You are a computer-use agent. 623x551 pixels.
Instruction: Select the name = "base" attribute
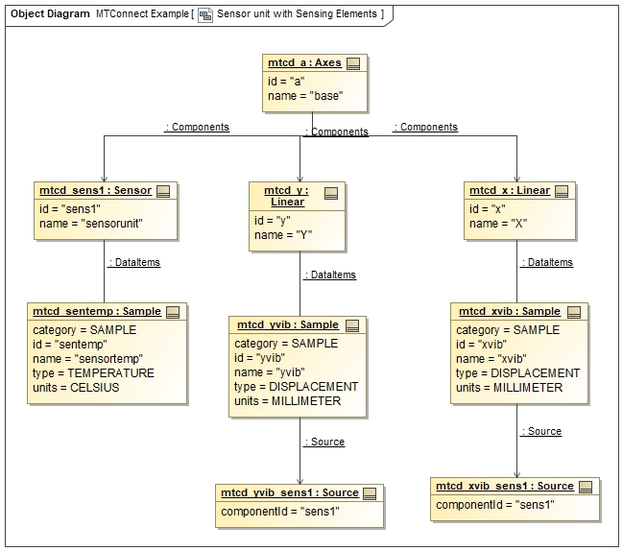tap(305, 96)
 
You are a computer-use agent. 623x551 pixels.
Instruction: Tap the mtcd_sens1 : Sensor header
tap(95, 190)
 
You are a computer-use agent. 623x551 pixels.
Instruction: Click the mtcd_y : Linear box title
tap(286, 196)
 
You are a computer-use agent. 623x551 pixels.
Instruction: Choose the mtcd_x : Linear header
tap(509, 190)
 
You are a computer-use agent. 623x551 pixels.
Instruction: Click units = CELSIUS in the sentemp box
tap(80, 388)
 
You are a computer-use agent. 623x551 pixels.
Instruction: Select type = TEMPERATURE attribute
tap(93, 373)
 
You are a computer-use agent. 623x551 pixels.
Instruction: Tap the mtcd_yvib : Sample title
tap(287, 325)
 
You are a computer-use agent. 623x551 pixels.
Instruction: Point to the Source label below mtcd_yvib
tap(324, 442)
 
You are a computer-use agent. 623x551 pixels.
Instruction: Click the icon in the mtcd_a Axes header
tap(353, 63)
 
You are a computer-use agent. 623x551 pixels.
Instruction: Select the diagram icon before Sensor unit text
tap(204, 15)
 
